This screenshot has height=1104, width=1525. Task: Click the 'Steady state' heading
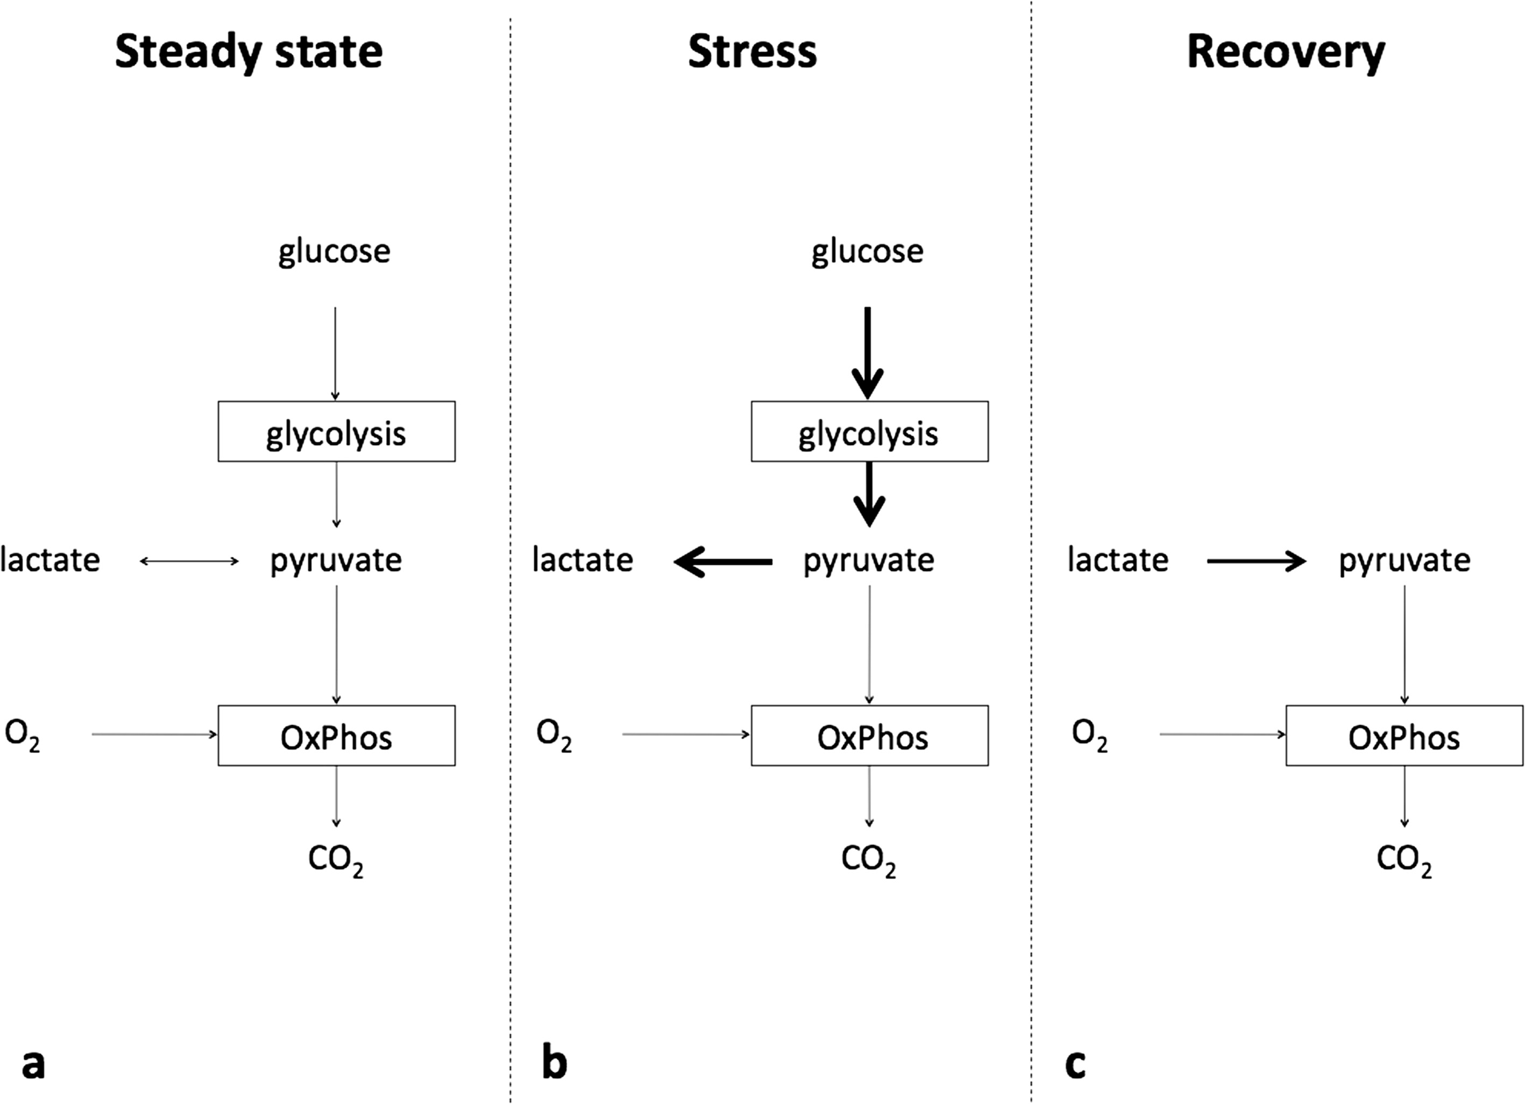pos(249,52)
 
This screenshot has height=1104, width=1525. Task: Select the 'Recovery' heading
pos(1286,52)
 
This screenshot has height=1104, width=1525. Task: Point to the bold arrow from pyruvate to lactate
pos(723,561)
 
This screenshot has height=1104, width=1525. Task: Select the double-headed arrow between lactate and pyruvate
pos(189,561)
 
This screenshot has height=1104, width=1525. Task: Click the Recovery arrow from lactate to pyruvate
pos(1257,561)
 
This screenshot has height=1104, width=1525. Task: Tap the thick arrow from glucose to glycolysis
pos(867,353)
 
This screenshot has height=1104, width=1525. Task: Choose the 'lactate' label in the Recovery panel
pos(1118,560)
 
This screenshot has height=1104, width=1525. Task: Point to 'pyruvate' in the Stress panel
pos(869,561)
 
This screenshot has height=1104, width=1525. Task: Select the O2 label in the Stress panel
pos(554,735)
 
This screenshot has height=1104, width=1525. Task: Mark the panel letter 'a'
pos(33,1064)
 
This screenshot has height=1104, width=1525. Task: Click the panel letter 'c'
pos(1075,1064)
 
